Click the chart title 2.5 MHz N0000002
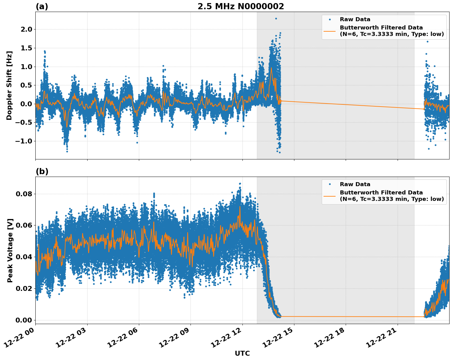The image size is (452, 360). [241, 6]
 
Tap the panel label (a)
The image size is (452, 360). [42, 6]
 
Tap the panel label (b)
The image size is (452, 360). [42, 171]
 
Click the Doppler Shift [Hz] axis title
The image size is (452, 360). [9, 85]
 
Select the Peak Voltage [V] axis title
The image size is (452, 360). [10, 250]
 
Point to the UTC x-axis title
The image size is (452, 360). [242, 353]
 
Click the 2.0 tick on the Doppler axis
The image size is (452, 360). [26, 29]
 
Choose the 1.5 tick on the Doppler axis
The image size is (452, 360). [26, 48]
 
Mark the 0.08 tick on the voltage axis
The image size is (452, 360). [23, 194]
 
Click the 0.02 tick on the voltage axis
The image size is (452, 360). [23, 288]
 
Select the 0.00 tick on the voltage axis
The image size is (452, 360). [23, 320]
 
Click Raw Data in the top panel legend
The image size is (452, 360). [355, 19]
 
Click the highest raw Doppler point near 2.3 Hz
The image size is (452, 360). [276, 18]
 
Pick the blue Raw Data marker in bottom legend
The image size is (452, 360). [330, 184]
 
